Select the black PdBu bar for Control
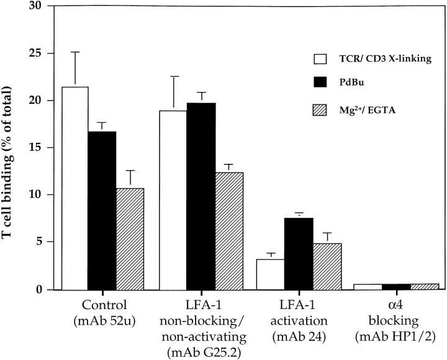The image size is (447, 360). pyautogui.click(x=102, y=210)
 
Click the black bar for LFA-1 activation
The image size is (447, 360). pyautogui.click(x=299, y=254)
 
